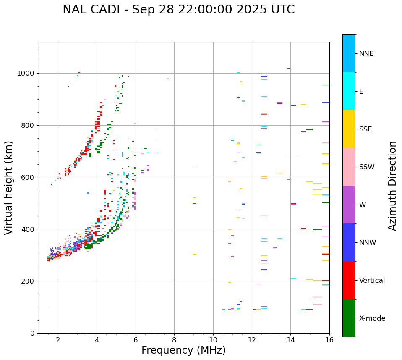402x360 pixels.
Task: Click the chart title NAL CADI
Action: coord(178,10)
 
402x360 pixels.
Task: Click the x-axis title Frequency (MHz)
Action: coord(183,350)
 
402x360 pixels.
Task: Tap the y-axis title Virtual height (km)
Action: coord(9,187)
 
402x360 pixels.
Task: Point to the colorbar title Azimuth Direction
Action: coord(392,186)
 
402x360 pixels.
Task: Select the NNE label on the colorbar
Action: coord(366,54)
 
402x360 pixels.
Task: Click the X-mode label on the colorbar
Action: coord(372,318)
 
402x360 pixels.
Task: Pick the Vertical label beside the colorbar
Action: coord(372,281)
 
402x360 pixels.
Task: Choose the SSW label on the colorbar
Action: coord(367,167)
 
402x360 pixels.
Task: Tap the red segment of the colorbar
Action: coord(349,280)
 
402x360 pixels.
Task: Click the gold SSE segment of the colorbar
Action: coord(349,129)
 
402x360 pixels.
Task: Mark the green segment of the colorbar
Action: coord(349,318)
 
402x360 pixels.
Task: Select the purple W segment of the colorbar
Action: coord(349,205)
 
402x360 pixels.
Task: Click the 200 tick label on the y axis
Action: coord(29,281)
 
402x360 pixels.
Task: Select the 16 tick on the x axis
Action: coord(329,340)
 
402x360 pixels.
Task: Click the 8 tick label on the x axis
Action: coord(174,340)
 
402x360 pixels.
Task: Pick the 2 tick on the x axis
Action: coord(58,340)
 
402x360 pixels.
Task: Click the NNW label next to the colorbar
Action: coord(368,243)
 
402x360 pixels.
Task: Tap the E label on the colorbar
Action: coord(361,92)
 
